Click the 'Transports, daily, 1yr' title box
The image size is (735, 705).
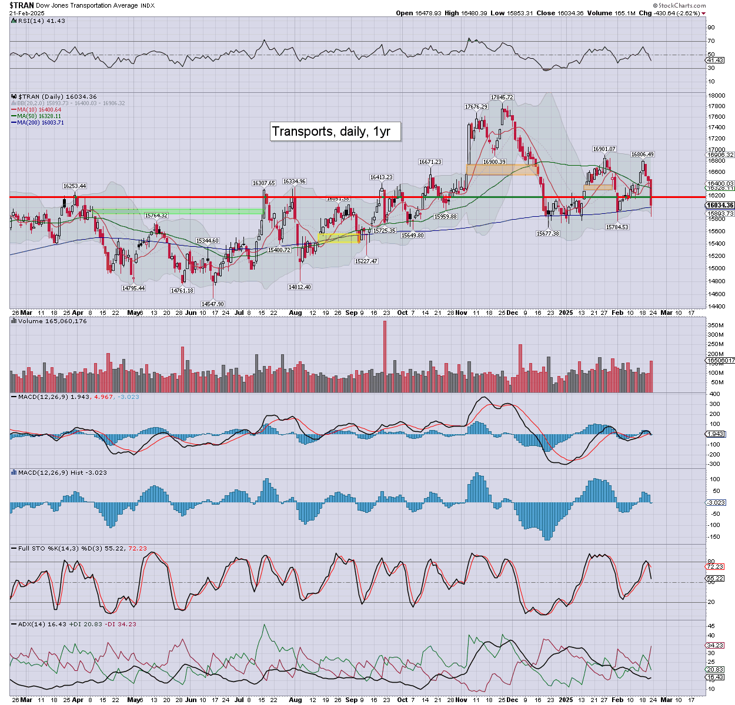coord(335,131)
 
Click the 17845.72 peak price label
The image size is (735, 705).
coord(502,98)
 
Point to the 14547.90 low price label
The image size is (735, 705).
coord(213,304)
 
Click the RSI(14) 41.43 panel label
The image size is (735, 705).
coord(39,21)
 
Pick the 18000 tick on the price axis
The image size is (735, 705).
coord(716,96)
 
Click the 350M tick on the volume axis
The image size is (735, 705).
coord(716,325)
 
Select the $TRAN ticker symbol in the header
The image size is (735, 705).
coord(21,5)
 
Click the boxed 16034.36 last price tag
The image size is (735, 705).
coord(720,205)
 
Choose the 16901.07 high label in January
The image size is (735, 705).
coord(604,149)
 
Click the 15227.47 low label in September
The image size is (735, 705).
coord(366,261)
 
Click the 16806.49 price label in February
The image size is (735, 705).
coord(642,155)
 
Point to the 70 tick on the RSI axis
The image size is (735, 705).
coord(711,41)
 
